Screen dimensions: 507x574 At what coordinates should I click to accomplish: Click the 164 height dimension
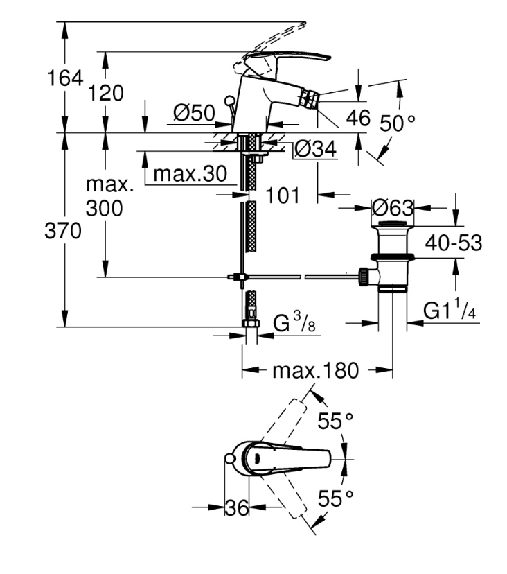pyautogui.click(x=65, y=78)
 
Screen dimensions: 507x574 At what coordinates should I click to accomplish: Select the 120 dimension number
pyautogui.click(x=106, y=93)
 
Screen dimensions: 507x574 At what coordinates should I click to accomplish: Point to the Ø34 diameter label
pyautogui.click(x=315, y=149)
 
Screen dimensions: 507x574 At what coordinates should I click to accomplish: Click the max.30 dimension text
pyautogui.click(x=190, y=173)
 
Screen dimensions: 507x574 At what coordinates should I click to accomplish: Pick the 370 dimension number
pyautogui.click(x=63, y=231)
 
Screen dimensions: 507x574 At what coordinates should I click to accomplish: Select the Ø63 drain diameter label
pyautogui.click(x=393, y=208)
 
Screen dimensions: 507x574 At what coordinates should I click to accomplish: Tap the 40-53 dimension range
pyautogui.click(x=454, y=243)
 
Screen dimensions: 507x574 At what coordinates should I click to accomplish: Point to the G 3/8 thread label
pyautogui.click(x=294, y=322)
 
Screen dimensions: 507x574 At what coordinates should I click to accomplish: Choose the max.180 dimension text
pyautogui.click(x=316, y=370)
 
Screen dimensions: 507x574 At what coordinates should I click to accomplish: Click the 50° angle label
pyautogui.click(x=398, y=123)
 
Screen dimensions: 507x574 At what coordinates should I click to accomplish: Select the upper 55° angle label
pyautogui.click(x=335, y=421)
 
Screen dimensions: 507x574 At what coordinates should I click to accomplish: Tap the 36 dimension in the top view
pyautogui.click(x=237, y=507)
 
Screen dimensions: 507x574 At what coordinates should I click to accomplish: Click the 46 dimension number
pyautogui.click(x=358, y=118)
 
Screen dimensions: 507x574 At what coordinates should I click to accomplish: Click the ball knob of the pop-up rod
pyautogui.click(x=229, y=100)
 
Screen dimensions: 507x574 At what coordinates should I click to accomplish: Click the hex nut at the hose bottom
pyautogui.click(x=251, y=323)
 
